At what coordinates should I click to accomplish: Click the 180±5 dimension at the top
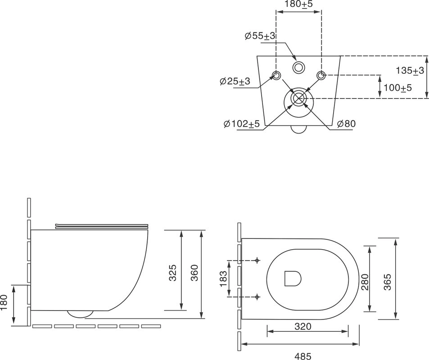click(298, 4)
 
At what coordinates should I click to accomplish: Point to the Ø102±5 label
click(241, 124)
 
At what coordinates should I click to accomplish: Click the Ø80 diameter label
click(346, 124)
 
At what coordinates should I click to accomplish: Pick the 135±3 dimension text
click(410, 71)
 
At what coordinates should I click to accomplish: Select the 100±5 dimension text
click(397, 88)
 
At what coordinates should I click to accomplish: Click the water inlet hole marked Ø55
click(298, 67)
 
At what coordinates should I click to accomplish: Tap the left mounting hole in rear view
click(276, 75)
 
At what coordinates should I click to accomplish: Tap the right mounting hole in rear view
click(321, 75)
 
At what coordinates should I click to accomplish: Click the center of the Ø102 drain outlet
click(298, 98)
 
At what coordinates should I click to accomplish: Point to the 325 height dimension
click(172, 273)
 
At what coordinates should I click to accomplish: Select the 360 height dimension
click(194, 273)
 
